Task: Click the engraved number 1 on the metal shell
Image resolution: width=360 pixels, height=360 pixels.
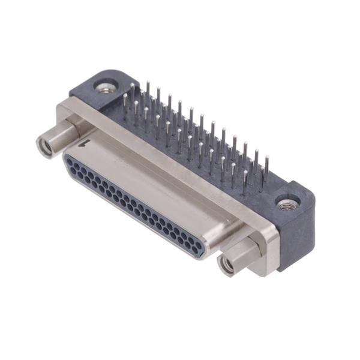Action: [x=88, y=143]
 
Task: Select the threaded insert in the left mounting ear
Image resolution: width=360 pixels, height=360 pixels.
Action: [x=106, y=88]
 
